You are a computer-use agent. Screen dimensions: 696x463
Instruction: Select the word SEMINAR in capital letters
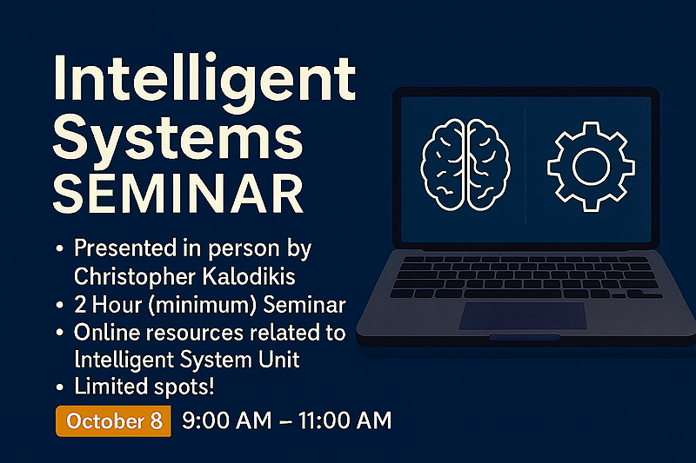pos(178,194)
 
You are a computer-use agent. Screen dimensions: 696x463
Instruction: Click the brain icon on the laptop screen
pos(465,164)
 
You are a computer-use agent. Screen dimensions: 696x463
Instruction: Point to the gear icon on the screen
pos(591,166)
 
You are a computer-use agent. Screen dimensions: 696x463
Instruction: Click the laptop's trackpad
pos(523,316)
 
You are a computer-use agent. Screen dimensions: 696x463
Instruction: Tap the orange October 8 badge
pos(113,420)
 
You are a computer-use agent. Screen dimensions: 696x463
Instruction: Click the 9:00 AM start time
pos(226,420)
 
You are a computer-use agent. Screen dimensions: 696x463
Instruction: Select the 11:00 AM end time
pos(345,420)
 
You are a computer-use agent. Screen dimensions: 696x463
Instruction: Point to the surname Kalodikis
pos(249,276)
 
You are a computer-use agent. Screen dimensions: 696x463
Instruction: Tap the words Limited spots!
pos(144,387)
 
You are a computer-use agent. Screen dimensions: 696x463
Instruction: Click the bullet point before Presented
pos(59,249)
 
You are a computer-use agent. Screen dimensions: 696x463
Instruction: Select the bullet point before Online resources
pos(59,334)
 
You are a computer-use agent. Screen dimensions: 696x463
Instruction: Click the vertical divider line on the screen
pos(525,167)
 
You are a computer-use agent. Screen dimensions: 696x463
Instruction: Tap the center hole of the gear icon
pos(591,166)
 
